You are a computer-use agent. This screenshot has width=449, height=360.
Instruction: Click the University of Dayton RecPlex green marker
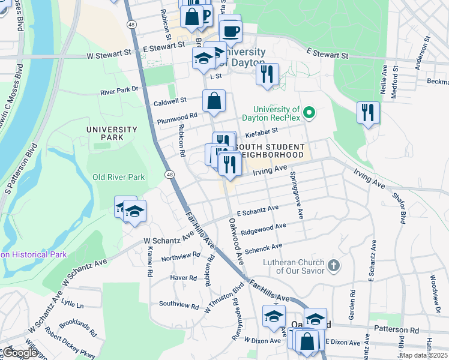click(x=309, y=112)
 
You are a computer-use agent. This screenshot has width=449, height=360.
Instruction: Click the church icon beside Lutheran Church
click(x=334, y=265)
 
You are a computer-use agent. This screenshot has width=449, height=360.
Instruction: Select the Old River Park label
click(x=118, y=177)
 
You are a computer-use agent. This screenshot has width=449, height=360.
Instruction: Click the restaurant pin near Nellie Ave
click(x=367, y=112)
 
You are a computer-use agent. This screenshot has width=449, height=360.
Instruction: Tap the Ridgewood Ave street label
click(x=263, y=229)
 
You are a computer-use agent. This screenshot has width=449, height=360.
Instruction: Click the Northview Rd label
click(x=181, y=256)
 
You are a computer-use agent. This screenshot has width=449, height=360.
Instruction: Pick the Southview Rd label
click(x=178, y=304)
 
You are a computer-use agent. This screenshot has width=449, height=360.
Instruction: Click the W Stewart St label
click(x=109, y=54)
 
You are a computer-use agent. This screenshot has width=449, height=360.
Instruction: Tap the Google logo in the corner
click(x=20, y=353)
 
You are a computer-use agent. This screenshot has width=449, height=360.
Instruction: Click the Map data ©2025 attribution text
click(x=423, y=355)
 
